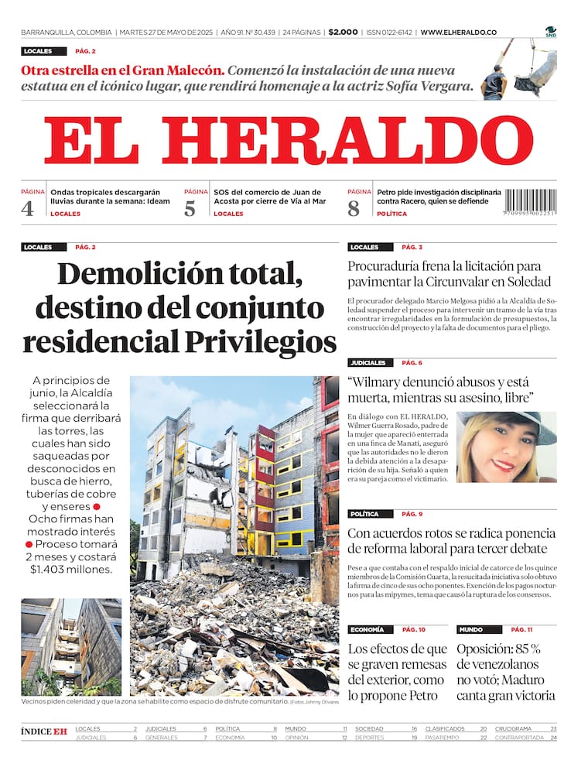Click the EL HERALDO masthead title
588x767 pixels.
click(x=288, y=142)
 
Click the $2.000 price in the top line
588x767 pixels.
click(x=343, y=33)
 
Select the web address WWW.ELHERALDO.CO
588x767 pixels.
click(x=459, y=33)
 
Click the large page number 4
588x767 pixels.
click(x=28, y=207)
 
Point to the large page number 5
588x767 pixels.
click(x=190, y=207)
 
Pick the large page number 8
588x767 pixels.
click(x=354, y=207)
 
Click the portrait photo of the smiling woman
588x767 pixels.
click(x=506, y=447)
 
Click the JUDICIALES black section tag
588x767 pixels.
click(x=367, y=362)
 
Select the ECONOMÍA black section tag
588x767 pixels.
click(x=367, y=629)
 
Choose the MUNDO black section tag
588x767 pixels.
click(x=470, y=629)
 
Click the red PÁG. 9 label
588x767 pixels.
click(x=412, y=514)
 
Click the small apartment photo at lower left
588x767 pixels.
click(x=71, y=646)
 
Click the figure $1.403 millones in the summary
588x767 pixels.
click(x=70, y=570)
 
